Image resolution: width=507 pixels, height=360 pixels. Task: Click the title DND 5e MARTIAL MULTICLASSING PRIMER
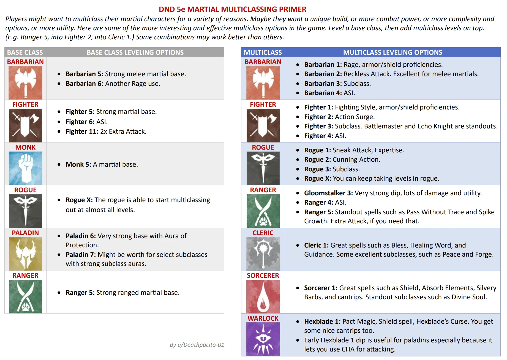(x=232, y=9)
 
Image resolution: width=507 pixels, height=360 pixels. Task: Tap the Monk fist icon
(x=25, y=168)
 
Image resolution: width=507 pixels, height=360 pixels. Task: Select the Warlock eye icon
(x=263, y=339)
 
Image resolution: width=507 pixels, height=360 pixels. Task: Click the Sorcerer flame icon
(x=263, y=296)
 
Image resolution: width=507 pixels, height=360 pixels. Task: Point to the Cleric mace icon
(x=263, y=254)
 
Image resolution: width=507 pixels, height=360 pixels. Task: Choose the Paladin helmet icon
(x=25, y=254)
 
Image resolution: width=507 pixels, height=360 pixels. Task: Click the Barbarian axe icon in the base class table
(x=25, y=83)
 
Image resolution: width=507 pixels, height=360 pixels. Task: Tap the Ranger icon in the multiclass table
(x=263, y=211)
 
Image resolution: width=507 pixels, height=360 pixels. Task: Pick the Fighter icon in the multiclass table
(x=263, y=125)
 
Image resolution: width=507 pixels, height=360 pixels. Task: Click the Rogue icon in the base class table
(x=25, y=211)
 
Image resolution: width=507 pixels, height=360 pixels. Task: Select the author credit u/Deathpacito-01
(x=197, y=345)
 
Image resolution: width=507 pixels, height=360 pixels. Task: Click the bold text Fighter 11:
(x=82, y=131)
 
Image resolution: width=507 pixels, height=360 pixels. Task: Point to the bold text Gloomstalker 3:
(x=328, y=193)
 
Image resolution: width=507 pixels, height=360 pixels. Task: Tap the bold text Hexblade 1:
(x=322, y=321)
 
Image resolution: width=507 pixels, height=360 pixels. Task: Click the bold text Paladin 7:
(x=81, y=255)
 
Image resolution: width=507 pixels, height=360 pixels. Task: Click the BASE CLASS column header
(x=25, y=52)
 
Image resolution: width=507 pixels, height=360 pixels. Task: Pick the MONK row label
(x=25, y=147)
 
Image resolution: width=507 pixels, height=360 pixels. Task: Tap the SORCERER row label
(x=263, y=276)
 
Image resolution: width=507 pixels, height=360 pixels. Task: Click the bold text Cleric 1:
(x=316, y=245)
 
